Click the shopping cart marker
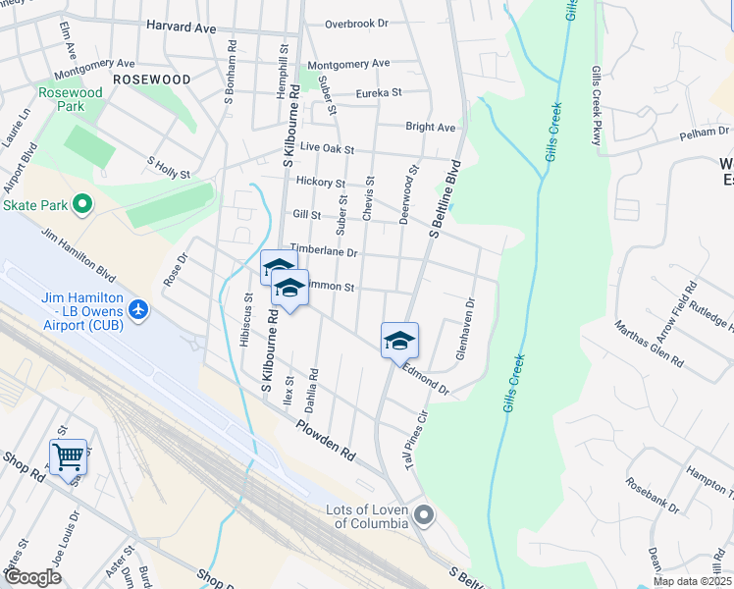(x=68, y=455)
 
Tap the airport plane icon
(x=138, y=310)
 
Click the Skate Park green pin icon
(x=82, y=205)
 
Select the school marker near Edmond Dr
(x=399, y=340)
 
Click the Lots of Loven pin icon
(x=424, y=514)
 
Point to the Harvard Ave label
(x=181, y=27)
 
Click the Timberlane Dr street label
(x=323, y=252)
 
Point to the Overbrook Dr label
(x=357, y=23)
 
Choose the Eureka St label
(x=380, y=92)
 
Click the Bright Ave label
(x=431, y=128)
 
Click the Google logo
(x=31, y=577)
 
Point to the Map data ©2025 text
(x=692, y=581)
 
